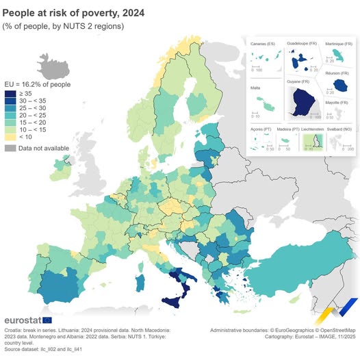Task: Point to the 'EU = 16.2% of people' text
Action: coord(38,83)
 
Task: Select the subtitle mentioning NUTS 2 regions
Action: coord(64,26)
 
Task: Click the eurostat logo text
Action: coord(22,320)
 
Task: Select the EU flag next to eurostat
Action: coord(47,320)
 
